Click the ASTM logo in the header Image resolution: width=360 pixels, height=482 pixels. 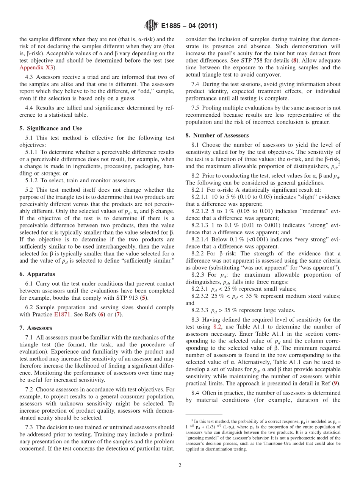pos(151,26)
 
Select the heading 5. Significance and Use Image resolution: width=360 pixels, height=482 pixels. pos(50,128)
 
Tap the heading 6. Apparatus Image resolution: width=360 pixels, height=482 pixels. pos(37,274)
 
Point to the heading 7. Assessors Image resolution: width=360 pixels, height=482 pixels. pos(36,328)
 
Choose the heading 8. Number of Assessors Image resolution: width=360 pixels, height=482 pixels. pos(217,135)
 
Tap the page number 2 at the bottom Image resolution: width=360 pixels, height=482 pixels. pos(180,465)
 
